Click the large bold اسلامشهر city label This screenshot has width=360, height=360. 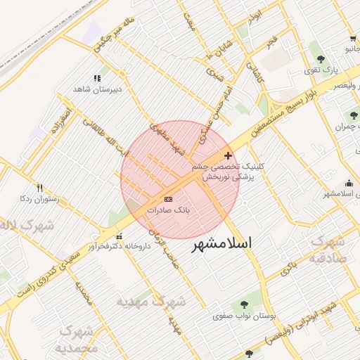point(221,243)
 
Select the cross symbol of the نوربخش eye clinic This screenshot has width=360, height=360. point(227,155)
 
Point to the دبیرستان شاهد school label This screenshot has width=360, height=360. point(98,89)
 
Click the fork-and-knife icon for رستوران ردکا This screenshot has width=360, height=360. point(39,188)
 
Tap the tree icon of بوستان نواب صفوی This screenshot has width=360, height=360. point(244,304)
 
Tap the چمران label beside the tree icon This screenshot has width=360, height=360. point(338,128)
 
